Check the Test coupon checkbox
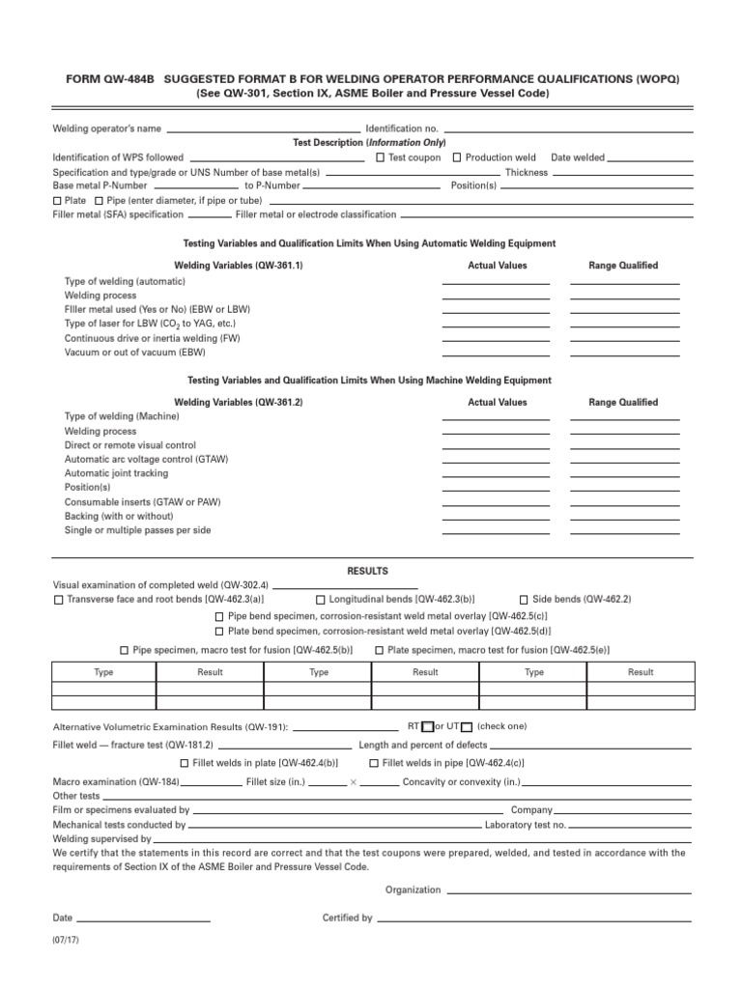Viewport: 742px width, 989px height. [381, 157]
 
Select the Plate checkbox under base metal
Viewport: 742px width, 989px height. [57, 200]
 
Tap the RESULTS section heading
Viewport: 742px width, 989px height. [367, 571]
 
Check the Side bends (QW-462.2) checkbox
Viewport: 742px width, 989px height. [524, 599]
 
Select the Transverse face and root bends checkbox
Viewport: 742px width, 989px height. [58, 599]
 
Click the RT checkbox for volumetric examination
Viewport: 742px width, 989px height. [430, 727]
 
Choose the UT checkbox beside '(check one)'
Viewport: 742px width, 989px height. [467, 727]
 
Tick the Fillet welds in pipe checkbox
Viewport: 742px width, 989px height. [374, 763]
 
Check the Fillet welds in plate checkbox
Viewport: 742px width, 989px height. [185, 763]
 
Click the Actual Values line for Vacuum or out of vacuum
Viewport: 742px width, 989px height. [496, 354]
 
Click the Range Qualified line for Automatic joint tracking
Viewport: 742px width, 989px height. [625, 475]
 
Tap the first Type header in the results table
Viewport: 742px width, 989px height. [103, 672]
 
